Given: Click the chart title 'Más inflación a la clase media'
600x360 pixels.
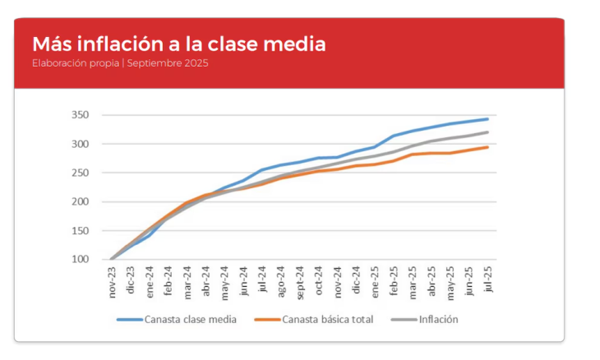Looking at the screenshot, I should click(x=178, y=44).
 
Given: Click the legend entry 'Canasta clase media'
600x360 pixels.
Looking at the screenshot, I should click(x=190, y=319).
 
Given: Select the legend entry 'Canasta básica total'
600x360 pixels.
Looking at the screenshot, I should click(x=328, y=319).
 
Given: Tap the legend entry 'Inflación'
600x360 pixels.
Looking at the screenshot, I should click(x=438, y=319).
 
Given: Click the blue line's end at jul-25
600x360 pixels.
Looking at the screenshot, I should click(x=487, y=119).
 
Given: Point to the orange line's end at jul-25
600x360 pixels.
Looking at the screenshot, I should click(x=487, y=147).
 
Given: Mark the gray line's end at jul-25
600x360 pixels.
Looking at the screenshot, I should click(x=487, y=132).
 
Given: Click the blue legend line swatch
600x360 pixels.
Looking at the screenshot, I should click(x=129, y=319).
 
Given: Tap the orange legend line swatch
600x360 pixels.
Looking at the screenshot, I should click(x=267, y=319).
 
